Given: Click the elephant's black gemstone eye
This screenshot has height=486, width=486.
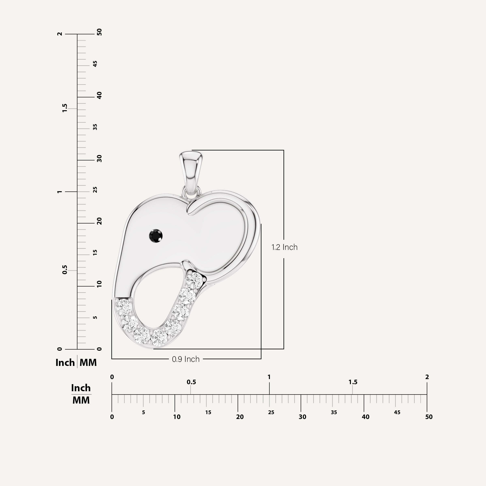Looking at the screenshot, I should click(156, 236).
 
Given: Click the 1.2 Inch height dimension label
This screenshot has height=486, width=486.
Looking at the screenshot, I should click(284, 247).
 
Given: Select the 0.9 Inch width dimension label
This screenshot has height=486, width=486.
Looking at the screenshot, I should click(186, 359).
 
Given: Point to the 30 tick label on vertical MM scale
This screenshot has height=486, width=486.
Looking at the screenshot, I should click(99, 159).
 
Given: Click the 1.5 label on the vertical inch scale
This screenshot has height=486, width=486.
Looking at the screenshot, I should click(65, 108).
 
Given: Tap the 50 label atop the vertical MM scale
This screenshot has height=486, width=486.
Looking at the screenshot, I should click(99, 32).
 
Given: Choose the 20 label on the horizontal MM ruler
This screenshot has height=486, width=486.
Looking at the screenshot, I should click(240, 417).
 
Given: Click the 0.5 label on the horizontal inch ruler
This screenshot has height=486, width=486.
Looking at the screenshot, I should click(191, 382).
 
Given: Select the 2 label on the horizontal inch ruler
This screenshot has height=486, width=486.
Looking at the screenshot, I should click(427, 377).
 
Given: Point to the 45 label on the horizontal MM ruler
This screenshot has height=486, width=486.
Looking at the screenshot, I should click(397, 412).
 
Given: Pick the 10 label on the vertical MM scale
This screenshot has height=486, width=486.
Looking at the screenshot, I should click(99, 284).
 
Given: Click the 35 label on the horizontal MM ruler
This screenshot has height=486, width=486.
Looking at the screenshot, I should click(334, 412).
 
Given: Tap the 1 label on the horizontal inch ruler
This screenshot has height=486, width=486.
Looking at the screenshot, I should click(269, 377).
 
